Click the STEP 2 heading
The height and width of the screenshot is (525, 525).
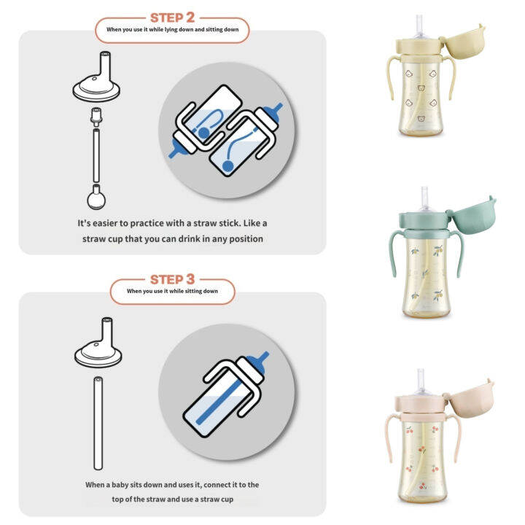(x=172, y=17)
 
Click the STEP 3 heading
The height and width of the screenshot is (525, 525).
(x=172, y=279)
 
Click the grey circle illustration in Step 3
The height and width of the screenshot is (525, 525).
(x=227, y=392)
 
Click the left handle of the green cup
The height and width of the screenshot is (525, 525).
(x=394, y=256)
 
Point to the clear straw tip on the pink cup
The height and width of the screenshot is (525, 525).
(x=422, y=380)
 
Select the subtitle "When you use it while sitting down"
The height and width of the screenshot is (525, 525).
(x=172, y=292)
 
